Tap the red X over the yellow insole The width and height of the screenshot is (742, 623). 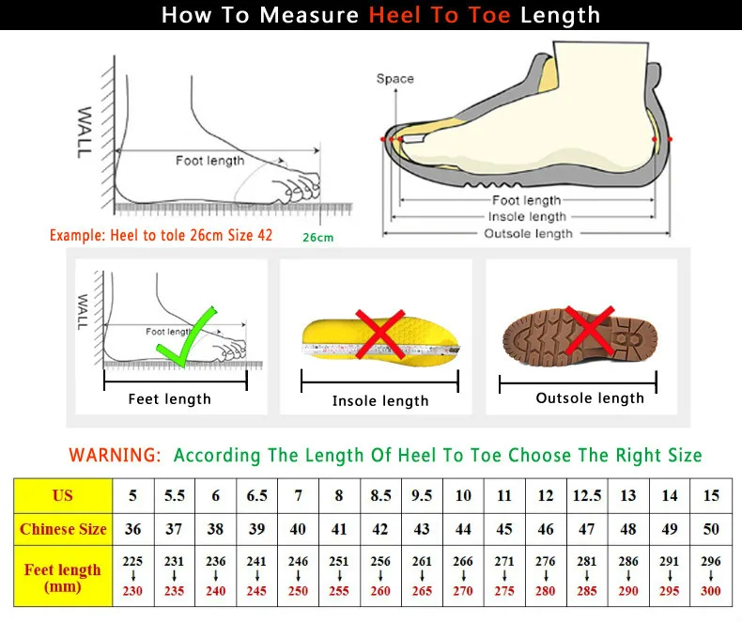379,334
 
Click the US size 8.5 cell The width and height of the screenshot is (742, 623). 379,495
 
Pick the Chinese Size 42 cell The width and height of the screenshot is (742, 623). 379,529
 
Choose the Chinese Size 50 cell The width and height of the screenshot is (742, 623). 710,529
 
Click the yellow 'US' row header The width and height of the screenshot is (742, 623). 63,495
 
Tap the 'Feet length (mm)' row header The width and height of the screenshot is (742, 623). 63,578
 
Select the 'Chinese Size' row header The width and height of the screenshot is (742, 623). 63,529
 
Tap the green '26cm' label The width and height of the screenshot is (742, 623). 317,238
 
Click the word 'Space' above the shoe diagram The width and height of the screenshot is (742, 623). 394,79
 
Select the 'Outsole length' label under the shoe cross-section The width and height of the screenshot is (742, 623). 528,233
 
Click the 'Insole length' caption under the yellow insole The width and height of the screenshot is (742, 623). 379,401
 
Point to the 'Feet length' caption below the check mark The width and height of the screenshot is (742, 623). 169,399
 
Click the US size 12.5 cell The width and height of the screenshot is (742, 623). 586,495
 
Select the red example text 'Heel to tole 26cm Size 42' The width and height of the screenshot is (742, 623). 161,235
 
